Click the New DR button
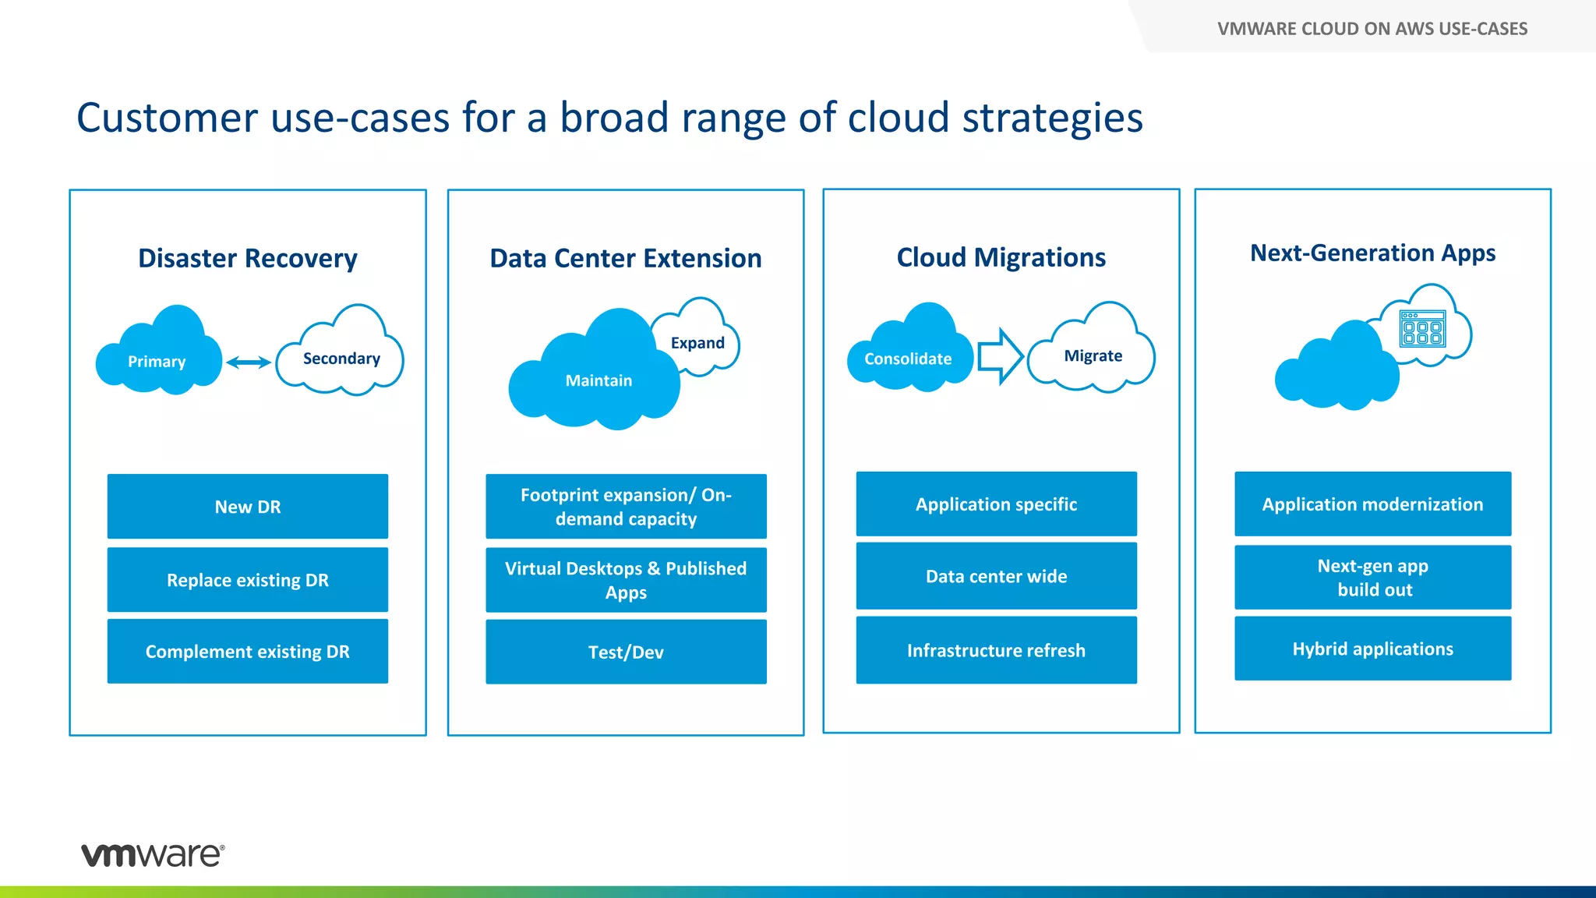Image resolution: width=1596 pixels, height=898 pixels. pos(248,507)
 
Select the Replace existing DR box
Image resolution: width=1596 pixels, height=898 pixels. pos(248,580)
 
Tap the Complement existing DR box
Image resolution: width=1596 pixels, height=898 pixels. pos(248,652)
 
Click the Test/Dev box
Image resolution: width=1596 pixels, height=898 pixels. pos(626,652)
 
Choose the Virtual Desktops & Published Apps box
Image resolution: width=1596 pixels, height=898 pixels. pos(626,580)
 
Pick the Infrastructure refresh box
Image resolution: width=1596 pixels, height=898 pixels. pos(996,650)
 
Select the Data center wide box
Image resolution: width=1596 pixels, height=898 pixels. pos(996,576)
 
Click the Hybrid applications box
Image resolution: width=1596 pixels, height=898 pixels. pos(1372,649)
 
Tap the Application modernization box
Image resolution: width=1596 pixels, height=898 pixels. pos(1372,504)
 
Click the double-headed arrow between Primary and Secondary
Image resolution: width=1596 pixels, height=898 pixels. pos(249,362)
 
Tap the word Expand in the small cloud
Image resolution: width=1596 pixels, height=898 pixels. pos(697,343)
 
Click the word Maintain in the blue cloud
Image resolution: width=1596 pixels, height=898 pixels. pos(598,380)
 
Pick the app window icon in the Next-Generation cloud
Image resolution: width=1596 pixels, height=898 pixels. pos(1422,329)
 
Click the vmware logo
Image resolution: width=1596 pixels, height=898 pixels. pos(153,854)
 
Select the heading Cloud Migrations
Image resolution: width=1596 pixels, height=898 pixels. pos(1001,257)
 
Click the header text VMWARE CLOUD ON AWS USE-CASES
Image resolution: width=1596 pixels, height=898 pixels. pos(1372,29)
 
